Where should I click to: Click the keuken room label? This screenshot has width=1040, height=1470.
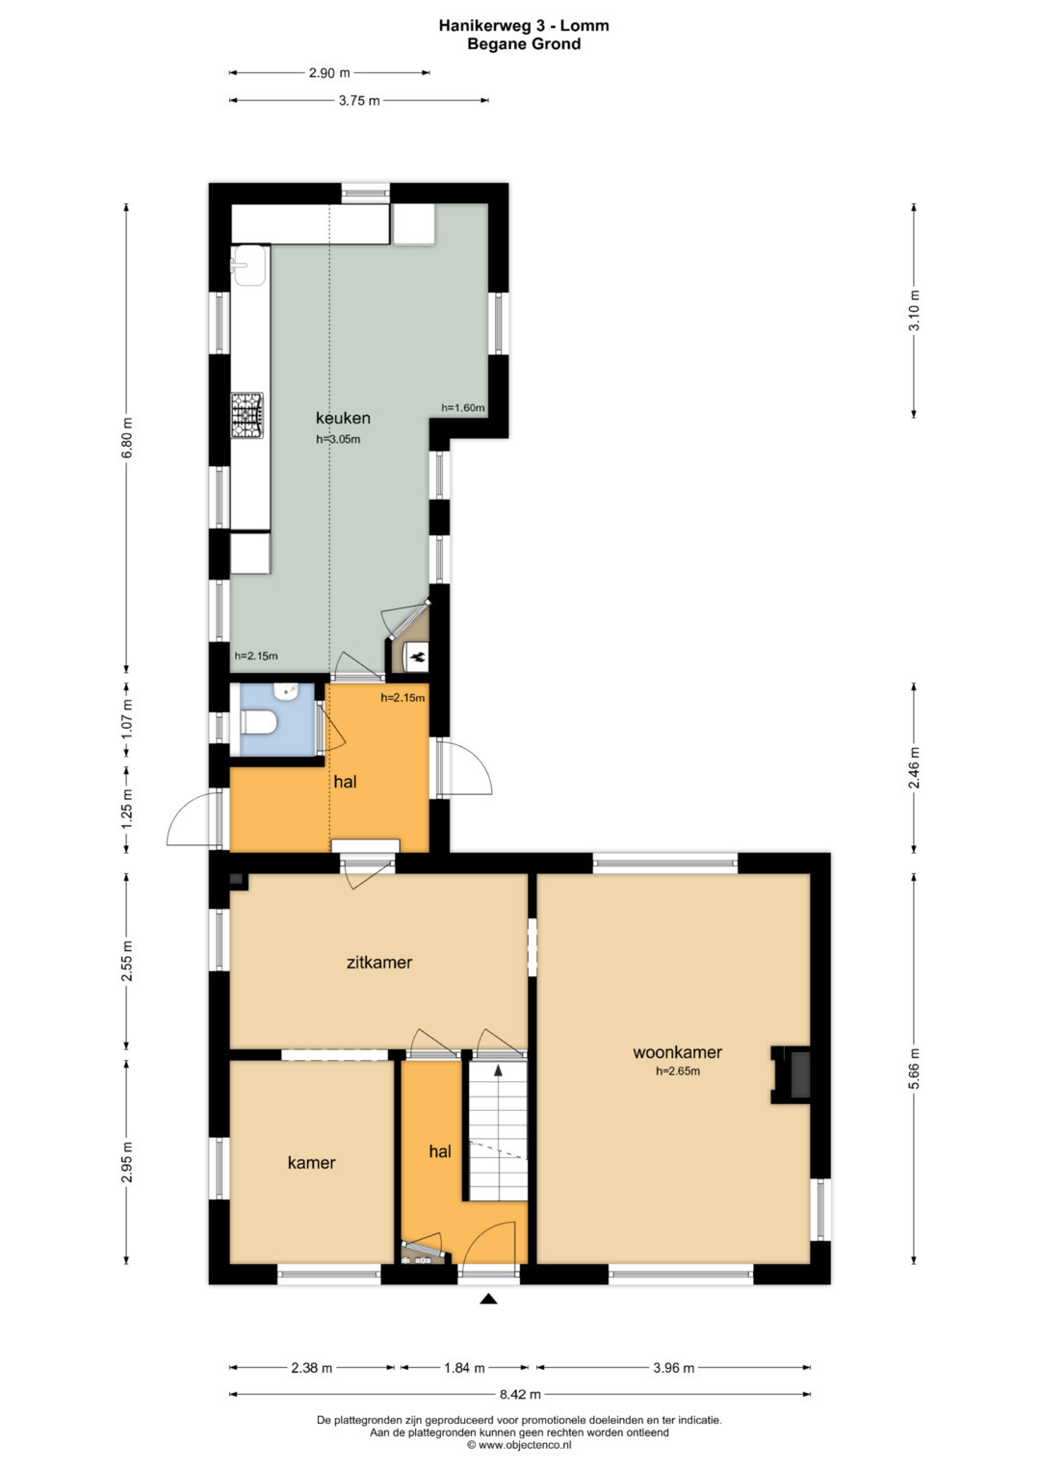[343, 418]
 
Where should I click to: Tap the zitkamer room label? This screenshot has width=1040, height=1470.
[379, 963]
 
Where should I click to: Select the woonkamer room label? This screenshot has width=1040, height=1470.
[677, 1052]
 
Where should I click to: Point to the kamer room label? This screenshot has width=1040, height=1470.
[311, 1163]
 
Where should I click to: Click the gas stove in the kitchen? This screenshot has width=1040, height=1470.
[247, 416]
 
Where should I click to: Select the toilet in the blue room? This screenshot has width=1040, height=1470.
[260, 724]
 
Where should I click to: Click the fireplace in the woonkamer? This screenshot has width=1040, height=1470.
[792, 1075]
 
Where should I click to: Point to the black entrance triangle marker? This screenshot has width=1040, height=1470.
[488, 1299]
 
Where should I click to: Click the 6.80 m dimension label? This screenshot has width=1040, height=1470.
[127, 438]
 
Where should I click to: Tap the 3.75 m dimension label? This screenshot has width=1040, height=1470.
[358, 101]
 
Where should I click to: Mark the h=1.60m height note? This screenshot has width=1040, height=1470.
[463, 407]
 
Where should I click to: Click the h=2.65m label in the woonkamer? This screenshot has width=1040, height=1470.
[678, 1071]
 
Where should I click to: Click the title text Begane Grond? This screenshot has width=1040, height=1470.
[524, 44]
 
